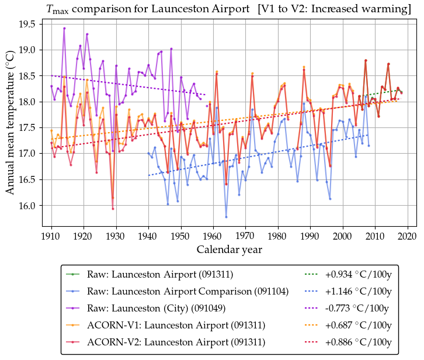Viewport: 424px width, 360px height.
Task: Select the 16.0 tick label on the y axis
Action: tap(27, 206)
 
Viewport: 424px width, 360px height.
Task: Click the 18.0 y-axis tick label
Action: tap(27, 102)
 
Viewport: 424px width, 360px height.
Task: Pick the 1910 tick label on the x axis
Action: tap(51, 236)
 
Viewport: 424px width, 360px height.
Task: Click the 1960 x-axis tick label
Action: tap(213, 236)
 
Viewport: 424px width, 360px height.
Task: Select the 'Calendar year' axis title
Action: tap(229, 250)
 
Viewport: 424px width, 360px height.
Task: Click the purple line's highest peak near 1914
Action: tap(64, 28)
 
